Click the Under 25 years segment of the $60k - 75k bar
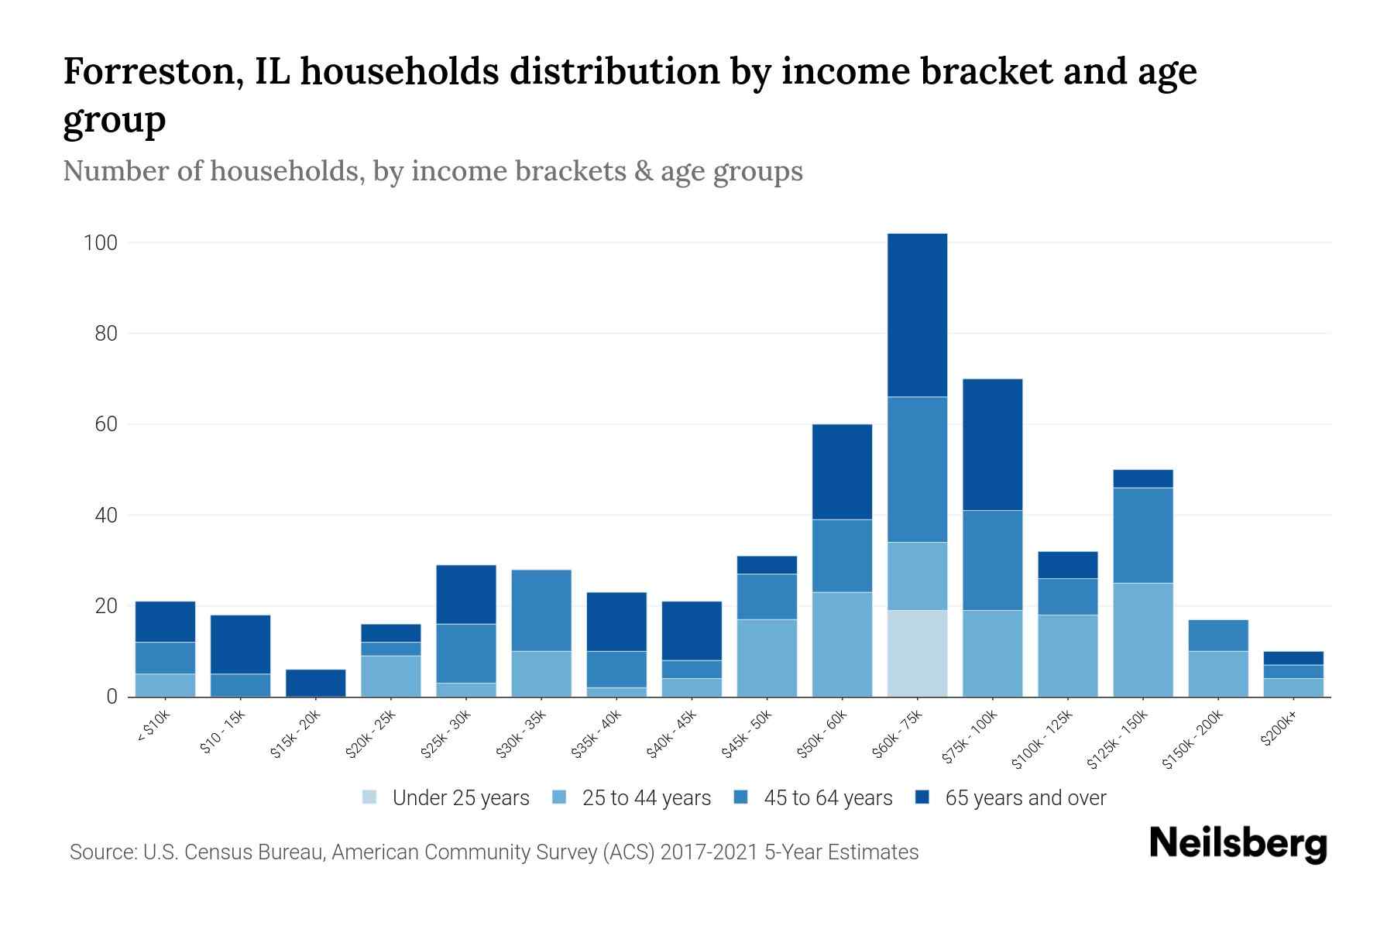click(x=917, y=653)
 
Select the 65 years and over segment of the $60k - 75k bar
click(x=917, y=315)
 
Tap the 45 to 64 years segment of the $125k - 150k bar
click(x=1143, y=535)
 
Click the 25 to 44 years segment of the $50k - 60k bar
click(x=842, y=644)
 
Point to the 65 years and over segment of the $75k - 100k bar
click(x=992, y=444)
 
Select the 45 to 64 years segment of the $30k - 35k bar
click(x=541, y=610)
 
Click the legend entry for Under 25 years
click(x=446, y=798)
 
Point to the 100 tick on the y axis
click(x=100, y=243)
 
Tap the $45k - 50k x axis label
click(x=747, y=735)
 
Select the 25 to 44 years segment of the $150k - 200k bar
click(x=1218, y=674)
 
